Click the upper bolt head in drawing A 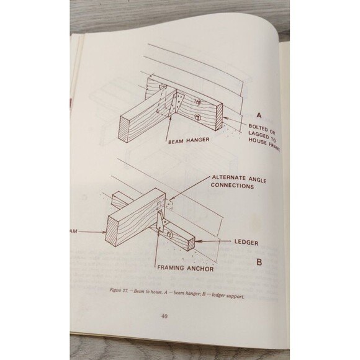click(197, 101)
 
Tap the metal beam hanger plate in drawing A click(178, 102)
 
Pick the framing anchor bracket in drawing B click(163, 220)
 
